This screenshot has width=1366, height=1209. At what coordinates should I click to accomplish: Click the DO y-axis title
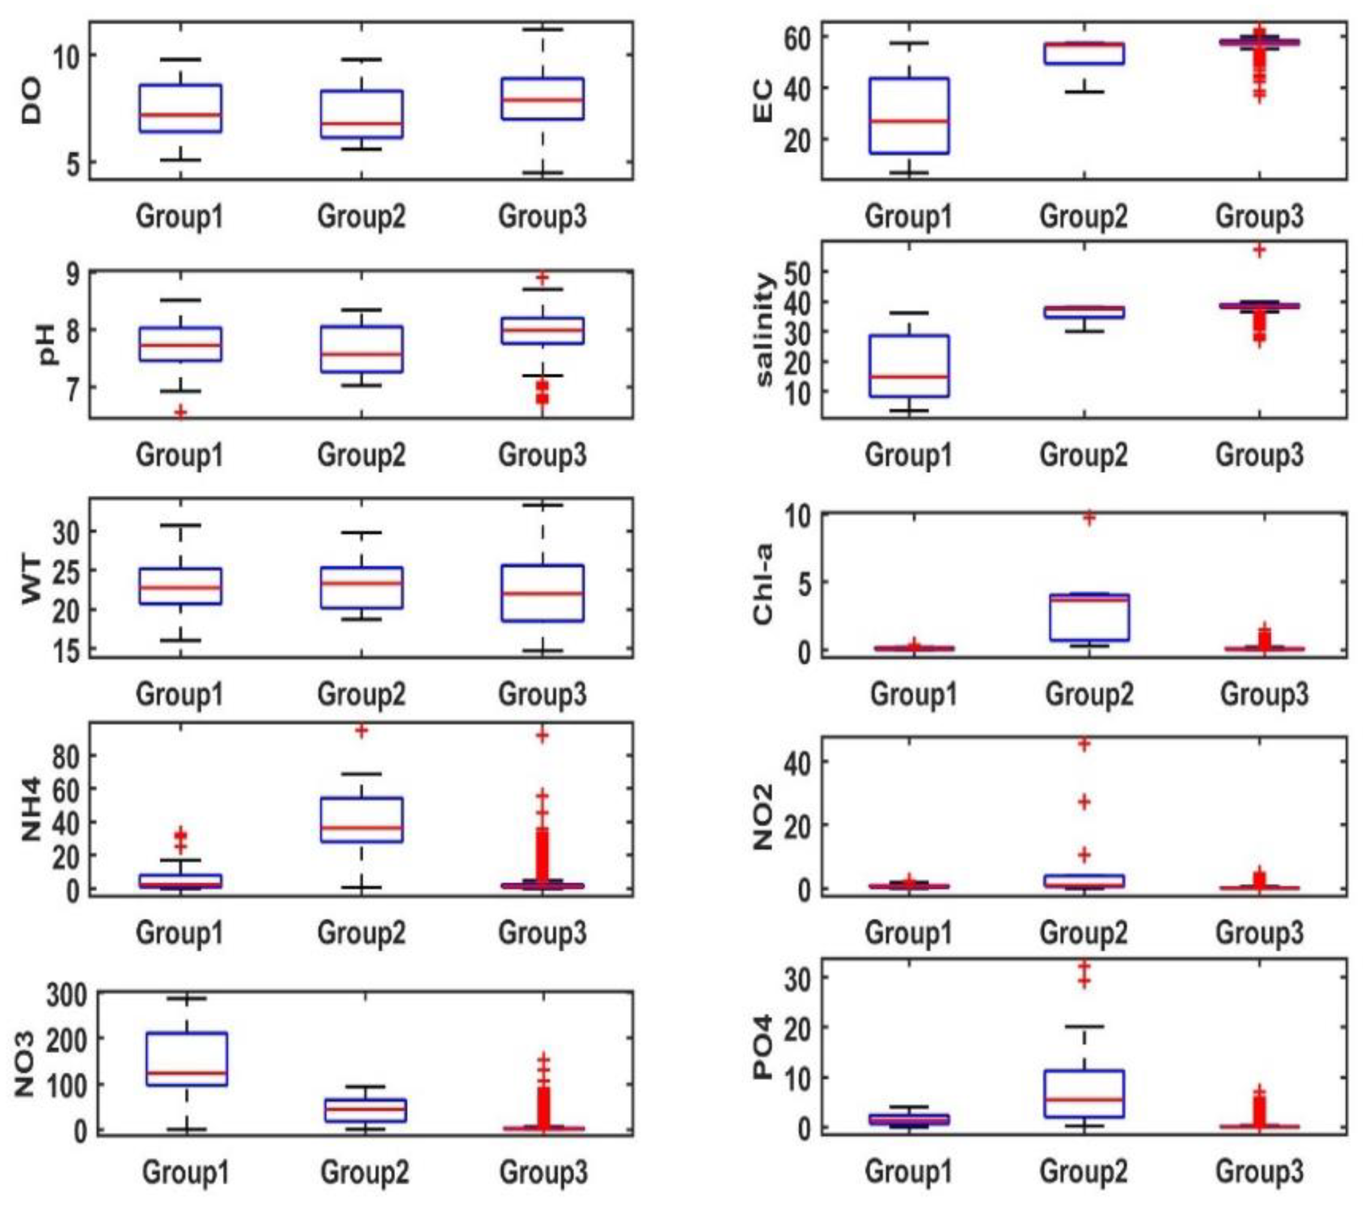point(31,101)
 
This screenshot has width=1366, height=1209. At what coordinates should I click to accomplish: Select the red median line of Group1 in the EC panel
point(909,121)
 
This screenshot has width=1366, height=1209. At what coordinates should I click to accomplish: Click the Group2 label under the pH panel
point(361,455)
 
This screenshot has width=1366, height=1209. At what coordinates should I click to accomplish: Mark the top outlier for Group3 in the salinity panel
point(1260,251)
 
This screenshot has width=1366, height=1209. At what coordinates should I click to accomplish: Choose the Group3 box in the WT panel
point(543,593)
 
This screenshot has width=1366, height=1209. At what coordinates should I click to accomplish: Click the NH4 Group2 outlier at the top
point(362,730)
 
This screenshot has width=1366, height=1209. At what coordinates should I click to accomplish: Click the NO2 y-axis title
point(763,817)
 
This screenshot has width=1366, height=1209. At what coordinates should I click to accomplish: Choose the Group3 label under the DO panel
point(543,216)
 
